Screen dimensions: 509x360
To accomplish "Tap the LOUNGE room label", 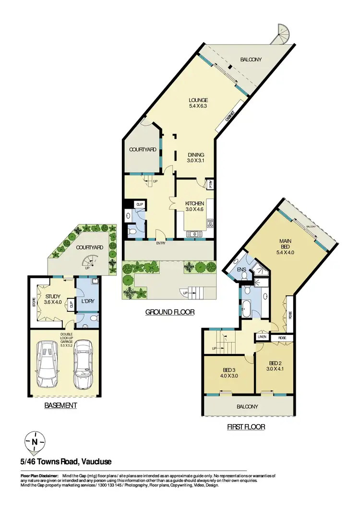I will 198,103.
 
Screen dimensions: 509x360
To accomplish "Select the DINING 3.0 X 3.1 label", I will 196,158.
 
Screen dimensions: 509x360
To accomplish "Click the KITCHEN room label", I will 194,206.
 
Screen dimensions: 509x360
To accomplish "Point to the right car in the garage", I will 83,365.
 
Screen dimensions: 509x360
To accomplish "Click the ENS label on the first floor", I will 242,270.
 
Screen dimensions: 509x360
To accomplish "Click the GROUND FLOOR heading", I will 169,312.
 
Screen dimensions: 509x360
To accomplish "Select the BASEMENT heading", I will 60,405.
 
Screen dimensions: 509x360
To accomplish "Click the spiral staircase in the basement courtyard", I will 89,262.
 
